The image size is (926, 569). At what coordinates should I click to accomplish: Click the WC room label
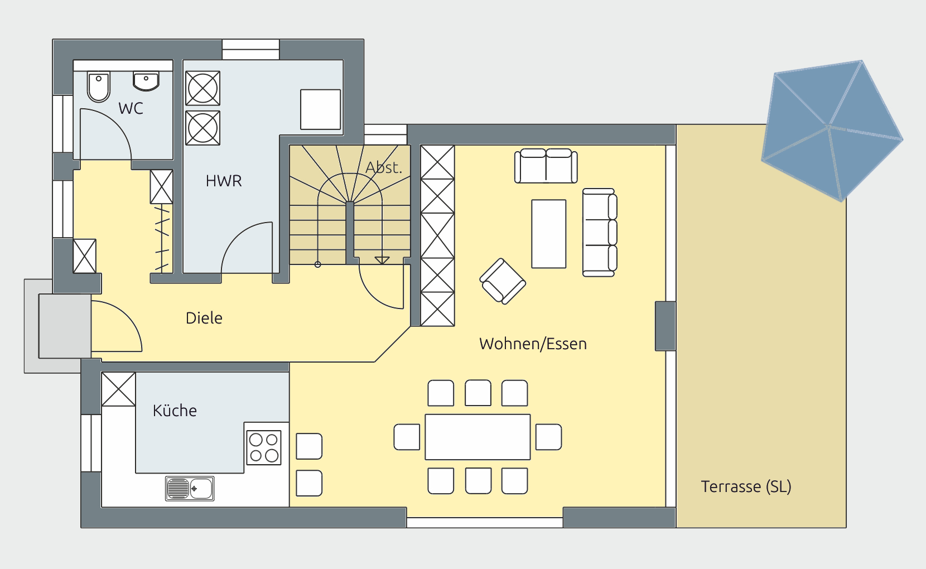[131, 108]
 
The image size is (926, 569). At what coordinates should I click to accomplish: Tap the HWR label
[224, 181]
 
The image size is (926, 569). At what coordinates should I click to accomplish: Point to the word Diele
[204, 318]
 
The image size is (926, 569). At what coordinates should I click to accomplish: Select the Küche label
[175, 410]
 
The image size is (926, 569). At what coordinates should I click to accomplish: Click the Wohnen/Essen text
[533, 344]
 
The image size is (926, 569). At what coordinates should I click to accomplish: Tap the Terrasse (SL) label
[746, 486]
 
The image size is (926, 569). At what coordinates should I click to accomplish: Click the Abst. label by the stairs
[384, 167]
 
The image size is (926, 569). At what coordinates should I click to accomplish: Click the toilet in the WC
[98, 87]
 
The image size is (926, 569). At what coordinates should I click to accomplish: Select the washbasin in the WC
[146, 81]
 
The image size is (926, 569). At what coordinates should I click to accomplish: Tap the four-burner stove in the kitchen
[264, 447]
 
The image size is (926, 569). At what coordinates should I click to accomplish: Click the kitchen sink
[190, 488]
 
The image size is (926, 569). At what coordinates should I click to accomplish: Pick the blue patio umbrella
[832, 131]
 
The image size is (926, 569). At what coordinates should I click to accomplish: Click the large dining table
[478, 437]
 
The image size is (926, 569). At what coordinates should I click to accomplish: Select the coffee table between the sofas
[548, 234]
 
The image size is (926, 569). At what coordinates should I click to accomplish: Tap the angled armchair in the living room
[503, 281]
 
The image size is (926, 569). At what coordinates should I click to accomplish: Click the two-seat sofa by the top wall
[546, 166]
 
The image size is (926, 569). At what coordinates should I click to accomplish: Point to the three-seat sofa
[600, 233]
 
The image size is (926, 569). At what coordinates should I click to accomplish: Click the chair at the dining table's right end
[548, 437]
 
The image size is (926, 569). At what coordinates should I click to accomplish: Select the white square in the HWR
[320, 109]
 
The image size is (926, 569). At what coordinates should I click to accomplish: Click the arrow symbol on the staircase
[382, 260]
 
